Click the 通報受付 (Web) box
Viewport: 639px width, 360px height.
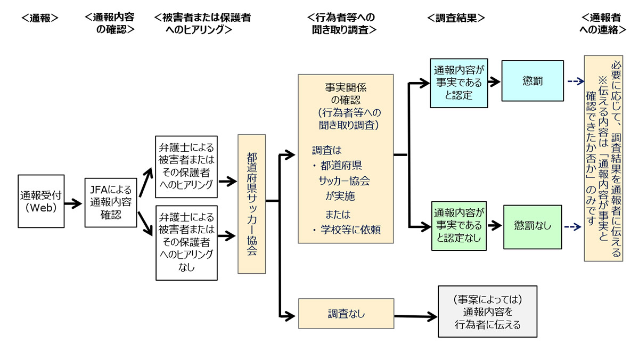tap(41, 201)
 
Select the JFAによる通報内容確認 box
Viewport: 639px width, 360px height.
tap(111, 202)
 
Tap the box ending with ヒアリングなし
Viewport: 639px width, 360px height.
tap(186, 243)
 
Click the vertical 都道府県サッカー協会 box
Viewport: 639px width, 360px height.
tap(251, 204)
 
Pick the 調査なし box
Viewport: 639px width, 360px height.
tap(346, 314)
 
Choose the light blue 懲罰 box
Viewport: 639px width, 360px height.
tap(532, 81)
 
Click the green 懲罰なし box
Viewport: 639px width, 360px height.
tap(532, 227)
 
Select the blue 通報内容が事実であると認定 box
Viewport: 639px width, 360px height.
tap(458, 83)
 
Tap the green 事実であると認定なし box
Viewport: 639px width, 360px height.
tap(458, 226)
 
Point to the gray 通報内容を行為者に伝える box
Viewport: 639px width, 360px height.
tap(488, 312)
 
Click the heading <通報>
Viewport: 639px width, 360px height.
tap(40, 18)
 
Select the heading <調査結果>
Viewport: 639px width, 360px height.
tap(456, 18)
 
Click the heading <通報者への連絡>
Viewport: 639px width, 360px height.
tap(603, 23)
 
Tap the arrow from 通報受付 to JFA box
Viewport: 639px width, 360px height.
tap(73, 203)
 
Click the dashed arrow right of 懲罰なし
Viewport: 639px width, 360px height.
tap(572, 227)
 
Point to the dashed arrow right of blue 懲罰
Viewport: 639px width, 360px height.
tap(576, 81)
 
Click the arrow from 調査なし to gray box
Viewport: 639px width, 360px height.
tap(416, 316)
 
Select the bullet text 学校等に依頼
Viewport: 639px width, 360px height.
tap(350, 230)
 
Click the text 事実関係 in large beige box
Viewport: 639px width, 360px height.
tap(346, 87)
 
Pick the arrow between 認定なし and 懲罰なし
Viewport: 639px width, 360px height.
tap(495, 226)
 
